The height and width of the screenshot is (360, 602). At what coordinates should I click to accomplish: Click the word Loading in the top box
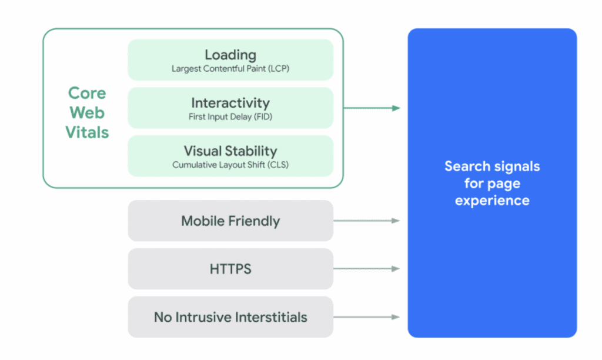pyautogui.click(x=230, y=55)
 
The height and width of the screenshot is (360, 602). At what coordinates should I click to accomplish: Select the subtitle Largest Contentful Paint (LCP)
pyautogui.click(x=230, y=69)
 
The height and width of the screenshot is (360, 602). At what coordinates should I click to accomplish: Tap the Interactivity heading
pyautogui.click(x=230, y=103)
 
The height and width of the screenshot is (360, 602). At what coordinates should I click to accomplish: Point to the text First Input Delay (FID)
pyautogui.click(x=230, y=117)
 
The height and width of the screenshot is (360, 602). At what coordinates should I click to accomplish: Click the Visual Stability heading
pyautogui.click(x=230, y=151)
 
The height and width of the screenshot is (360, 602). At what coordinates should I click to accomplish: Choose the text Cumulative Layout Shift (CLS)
pyautogui.click(x=230, y=165)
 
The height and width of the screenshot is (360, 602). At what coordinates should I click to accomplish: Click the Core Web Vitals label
pyautogui.click(x=87, y=112)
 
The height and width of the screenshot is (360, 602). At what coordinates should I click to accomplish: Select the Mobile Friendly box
pyautogui.click(x=230, y=221)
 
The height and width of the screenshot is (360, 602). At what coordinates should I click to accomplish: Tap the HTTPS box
pyautogui.click(x=230, y=269)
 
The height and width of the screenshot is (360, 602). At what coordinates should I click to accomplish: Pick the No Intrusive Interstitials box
pyautogui.click(x=230, y=318)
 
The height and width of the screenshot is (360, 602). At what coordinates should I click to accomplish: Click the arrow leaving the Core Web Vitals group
pyautogui.click(x=372, y=108)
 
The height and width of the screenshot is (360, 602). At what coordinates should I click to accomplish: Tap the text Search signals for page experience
pyautogui.click(x=492, y=183)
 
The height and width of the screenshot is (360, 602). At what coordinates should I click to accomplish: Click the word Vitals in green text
pyautogui.click(x=87, y=132)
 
